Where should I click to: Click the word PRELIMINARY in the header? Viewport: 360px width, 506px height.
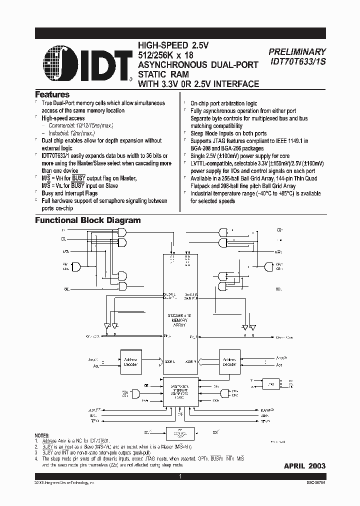click(x=297, y=51)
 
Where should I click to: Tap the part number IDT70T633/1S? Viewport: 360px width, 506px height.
click(x=297, y=61)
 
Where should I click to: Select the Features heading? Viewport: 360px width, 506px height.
click(x=52, y=94)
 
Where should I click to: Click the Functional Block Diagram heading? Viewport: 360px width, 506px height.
click(x=87, y=220)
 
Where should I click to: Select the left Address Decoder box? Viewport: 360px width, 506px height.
click(x=129, y=361)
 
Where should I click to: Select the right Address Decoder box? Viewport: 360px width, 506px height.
click(x=229, y=361)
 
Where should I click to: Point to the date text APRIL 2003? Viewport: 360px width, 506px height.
click(x=304, y=465)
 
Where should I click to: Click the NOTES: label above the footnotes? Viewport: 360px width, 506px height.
click(x=42, y=436)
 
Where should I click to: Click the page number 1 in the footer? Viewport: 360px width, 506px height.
click(x=180, y=477)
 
